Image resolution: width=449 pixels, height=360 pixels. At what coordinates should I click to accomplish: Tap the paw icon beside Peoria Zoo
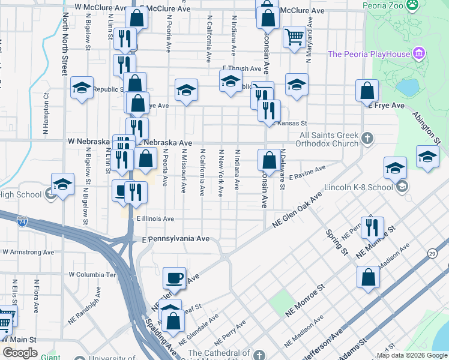pos(412,5)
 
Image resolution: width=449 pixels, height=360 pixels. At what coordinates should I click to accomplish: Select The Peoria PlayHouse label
pos(369,55)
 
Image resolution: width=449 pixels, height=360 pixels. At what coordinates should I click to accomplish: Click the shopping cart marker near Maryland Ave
pos(294,37)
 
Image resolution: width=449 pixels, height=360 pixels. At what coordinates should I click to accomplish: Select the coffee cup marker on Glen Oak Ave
pos(175,278)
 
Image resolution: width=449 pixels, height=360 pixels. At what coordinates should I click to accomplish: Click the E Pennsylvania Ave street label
pos(176,239)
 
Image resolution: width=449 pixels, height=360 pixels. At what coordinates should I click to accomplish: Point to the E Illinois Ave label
pos(155,219)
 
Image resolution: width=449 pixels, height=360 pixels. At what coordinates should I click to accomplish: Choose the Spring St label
pos(337,241)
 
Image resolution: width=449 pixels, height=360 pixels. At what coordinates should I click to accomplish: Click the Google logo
pos(20,353)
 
